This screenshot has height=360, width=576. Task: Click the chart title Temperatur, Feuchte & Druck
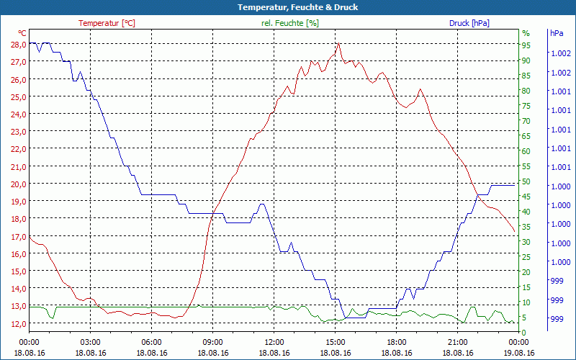click(288, 7)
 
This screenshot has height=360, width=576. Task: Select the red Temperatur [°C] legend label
click(107, 23)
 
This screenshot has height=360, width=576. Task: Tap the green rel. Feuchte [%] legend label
click(290, 23)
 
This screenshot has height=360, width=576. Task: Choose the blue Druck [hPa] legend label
click(469, 23)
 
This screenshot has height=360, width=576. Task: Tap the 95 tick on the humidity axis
click(526, 45)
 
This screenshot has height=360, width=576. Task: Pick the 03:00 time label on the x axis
click(90, 342)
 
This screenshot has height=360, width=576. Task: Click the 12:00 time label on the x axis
click(274, 342)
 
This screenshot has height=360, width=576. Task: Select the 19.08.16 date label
click(519, 353)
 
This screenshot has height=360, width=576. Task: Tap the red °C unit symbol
click(22, 33)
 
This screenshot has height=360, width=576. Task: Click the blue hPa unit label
click(557, 33)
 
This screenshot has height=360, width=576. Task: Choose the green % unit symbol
click(526, 33)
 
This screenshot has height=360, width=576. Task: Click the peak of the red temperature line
click(338, 43)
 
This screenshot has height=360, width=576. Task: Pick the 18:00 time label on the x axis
click(397, 342)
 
